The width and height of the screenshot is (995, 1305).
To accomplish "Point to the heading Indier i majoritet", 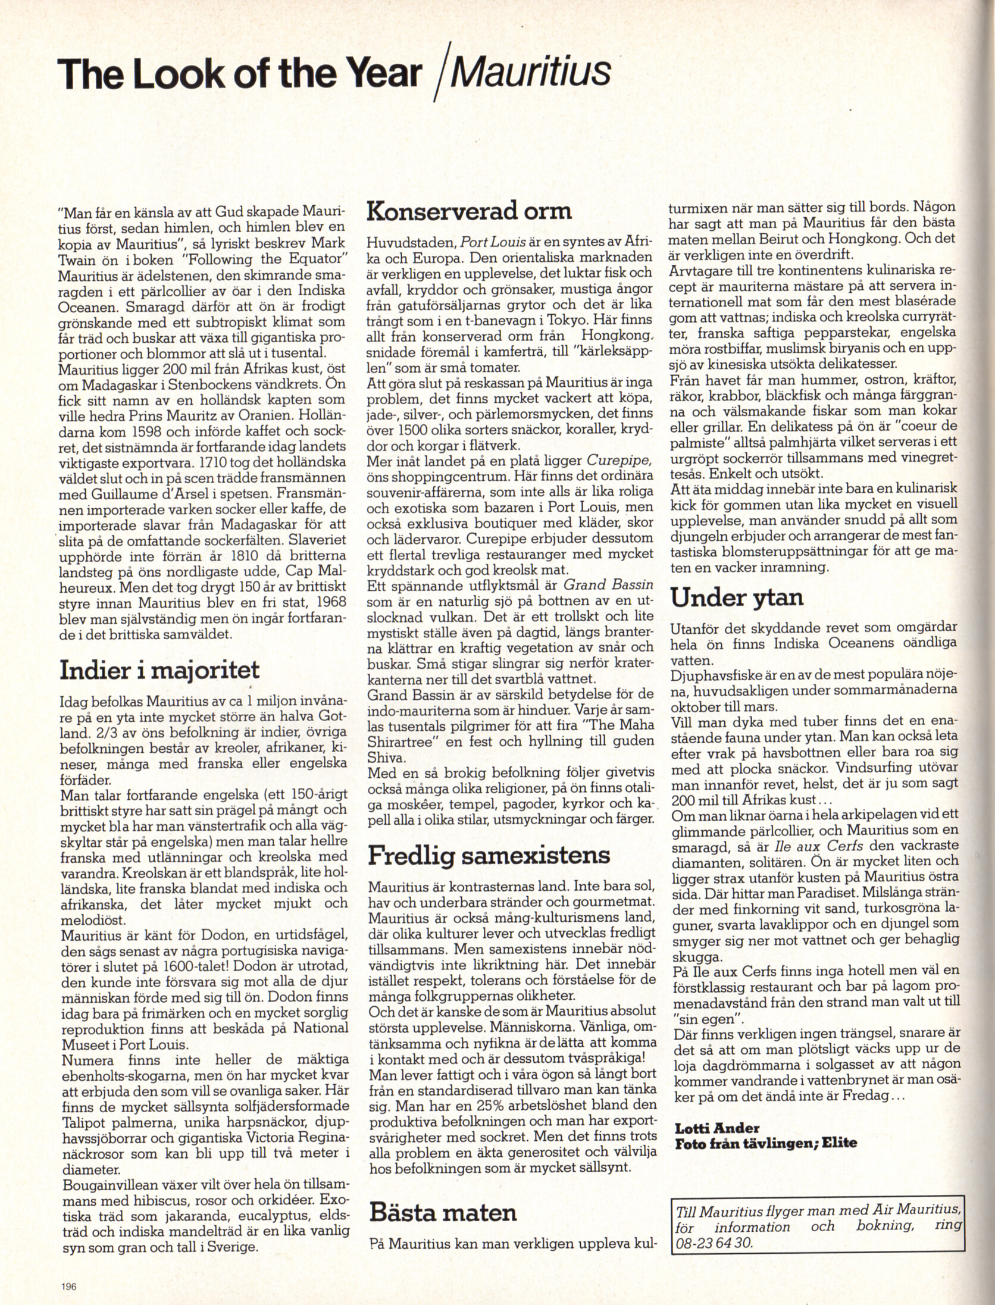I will tap(159, 671).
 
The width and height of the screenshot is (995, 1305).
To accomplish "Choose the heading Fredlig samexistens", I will tap(489, 855).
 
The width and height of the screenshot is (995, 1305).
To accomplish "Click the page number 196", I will tap(69, 1285).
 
